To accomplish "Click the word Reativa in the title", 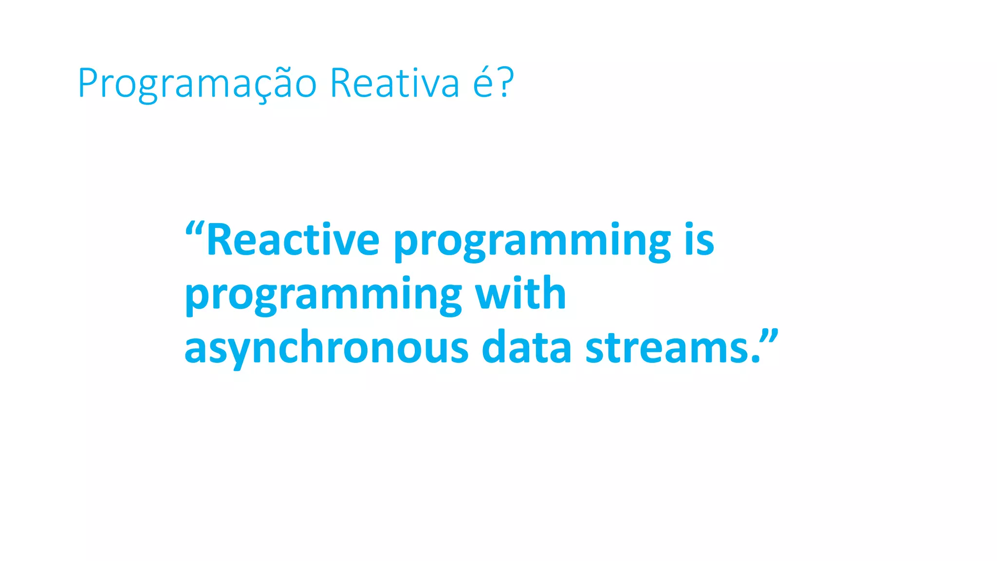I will [394, 83].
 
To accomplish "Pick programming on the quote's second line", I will [323, 295].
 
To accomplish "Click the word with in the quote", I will [520, 293].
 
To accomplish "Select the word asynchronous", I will [326, 349].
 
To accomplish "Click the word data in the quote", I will [526, 348].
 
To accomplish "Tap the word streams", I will [667, 349].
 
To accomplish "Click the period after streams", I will [756, 360].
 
